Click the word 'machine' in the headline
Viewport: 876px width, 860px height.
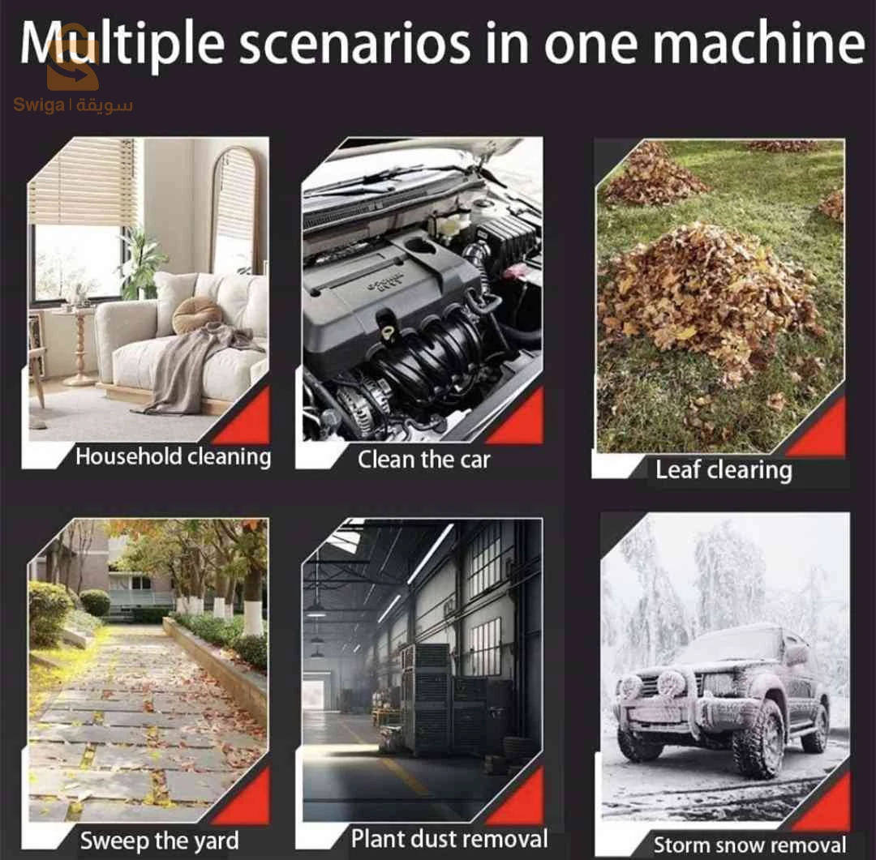click(758, 43)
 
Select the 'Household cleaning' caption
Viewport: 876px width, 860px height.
click(174, 457)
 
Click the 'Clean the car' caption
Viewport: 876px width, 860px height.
click(423, 460)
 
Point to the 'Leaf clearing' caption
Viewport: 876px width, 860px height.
click(724, 469)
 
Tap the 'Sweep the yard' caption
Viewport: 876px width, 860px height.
click(159, 841)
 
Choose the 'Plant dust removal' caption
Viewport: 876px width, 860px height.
click(449, 839)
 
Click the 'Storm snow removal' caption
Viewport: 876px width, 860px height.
click(749, 845)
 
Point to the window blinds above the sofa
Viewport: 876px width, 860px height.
click(83, 182)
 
